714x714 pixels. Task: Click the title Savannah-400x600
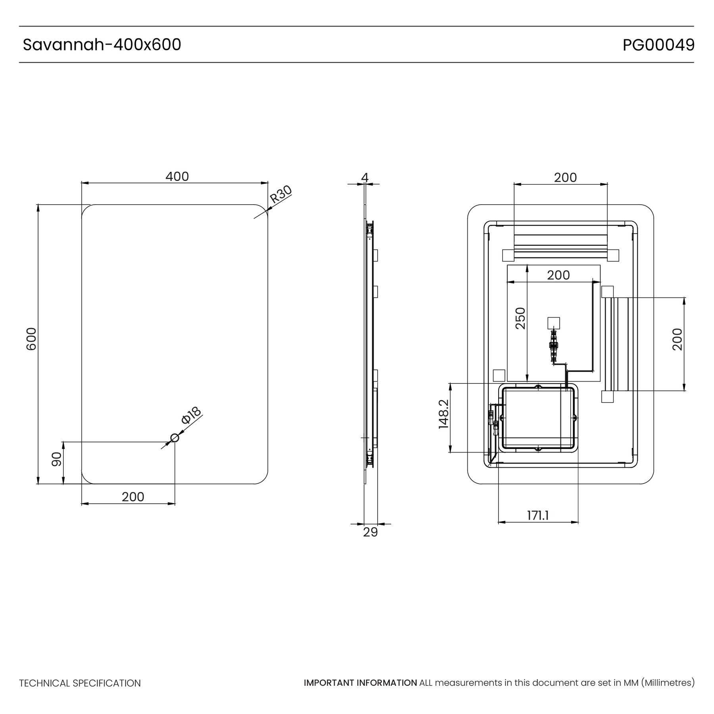point(102,45)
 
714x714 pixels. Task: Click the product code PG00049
point(658,45)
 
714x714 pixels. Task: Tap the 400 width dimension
point(177,177)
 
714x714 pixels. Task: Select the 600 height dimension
point(31,339)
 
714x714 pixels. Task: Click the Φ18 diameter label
point(192,415)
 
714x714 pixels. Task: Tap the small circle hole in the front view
point(175,438)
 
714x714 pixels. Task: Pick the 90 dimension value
point(57,459)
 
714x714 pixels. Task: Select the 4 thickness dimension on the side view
point(365,178)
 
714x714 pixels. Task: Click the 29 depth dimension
point(370,532)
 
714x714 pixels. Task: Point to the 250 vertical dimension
point(520,318)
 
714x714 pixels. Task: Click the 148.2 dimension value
point(443,414)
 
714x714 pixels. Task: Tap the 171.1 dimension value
point(538,515)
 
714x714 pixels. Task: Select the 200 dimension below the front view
point(133,497)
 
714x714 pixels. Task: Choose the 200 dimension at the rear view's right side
point(678,339)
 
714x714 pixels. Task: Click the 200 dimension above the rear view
point(565,178)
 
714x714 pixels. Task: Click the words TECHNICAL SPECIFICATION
point(80,683)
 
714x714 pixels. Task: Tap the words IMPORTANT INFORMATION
point(360,683)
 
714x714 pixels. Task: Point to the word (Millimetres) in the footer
point(668,683)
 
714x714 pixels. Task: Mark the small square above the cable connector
point(553,323)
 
